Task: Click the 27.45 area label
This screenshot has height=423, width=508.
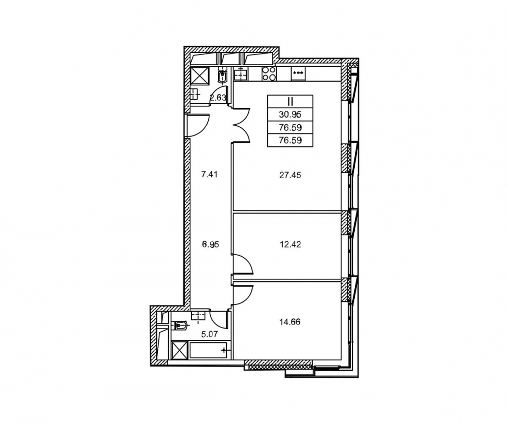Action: click(290, 175)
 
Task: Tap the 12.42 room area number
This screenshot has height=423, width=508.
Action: click(290, 244)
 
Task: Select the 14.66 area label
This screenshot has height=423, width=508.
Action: click(290, 322)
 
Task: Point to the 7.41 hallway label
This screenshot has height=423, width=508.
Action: click(209, 175)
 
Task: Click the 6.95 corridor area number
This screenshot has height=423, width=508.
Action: click(210, 244)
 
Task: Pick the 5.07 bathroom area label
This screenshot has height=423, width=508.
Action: click(209, 334)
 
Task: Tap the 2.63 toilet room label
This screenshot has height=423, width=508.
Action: click(217, 98)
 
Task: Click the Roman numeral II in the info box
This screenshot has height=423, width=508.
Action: click(290, 102)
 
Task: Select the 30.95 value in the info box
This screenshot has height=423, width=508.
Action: click(290, 114)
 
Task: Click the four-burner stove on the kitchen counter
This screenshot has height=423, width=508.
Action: click(268, 73)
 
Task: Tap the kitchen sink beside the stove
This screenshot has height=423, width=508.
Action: click(241, 74)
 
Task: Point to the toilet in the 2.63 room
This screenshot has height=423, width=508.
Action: click(222, 75)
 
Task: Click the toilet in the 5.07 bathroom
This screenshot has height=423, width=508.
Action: click(179, 325)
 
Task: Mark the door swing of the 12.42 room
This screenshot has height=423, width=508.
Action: click(243, 264)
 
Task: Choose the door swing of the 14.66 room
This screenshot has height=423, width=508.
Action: click(243, 295)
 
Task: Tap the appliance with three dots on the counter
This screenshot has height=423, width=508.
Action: click(298, 73)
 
